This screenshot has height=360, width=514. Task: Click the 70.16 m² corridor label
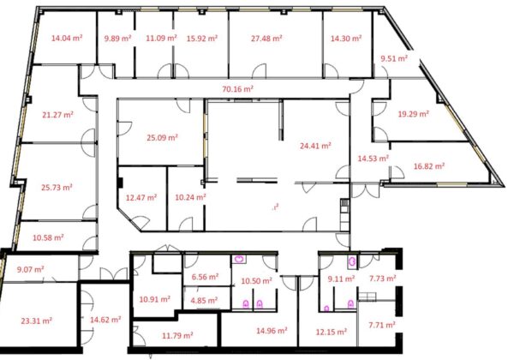[237, 89]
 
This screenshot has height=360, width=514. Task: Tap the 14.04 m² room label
[67, 38]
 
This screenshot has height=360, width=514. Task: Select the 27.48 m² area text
[266, 39]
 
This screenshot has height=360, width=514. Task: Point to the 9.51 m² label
[394, 58]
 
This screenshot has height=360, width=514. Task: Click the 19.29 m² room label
[414, 114]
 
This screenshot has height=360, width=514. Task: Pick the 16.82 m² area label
[429, 166]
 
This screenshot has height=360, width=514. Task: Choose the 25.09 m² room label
[162, 137]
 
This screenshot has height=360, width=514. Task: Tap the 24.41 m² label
[315, 146]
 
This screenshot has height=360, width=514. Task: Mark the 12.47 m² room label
[141, 198]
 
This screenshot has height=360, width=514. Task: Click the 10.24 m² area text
[190, 197]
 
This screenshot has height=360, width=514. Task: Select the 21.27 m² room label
[57, 115]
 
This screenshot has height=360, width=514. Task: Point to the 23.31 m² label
[36, 321]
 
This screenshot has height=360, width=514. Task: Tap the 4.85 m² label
[204, 300]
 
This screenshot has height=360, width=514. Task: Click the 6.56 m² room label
[206, 277]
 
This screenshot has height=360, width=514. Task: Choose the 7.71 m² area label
[382, 325]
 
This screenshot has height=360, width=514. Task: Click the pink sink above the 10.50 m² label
[240, 260]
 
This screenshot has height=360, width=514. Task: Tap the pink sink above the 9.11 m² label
[352, 261]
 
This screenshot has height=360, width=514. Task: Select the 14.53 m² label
[373, 159]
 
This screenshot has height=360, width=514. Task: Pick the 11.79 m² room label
[177, 335]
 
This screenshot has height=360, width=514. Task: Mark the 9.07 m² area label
[31, 269]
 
